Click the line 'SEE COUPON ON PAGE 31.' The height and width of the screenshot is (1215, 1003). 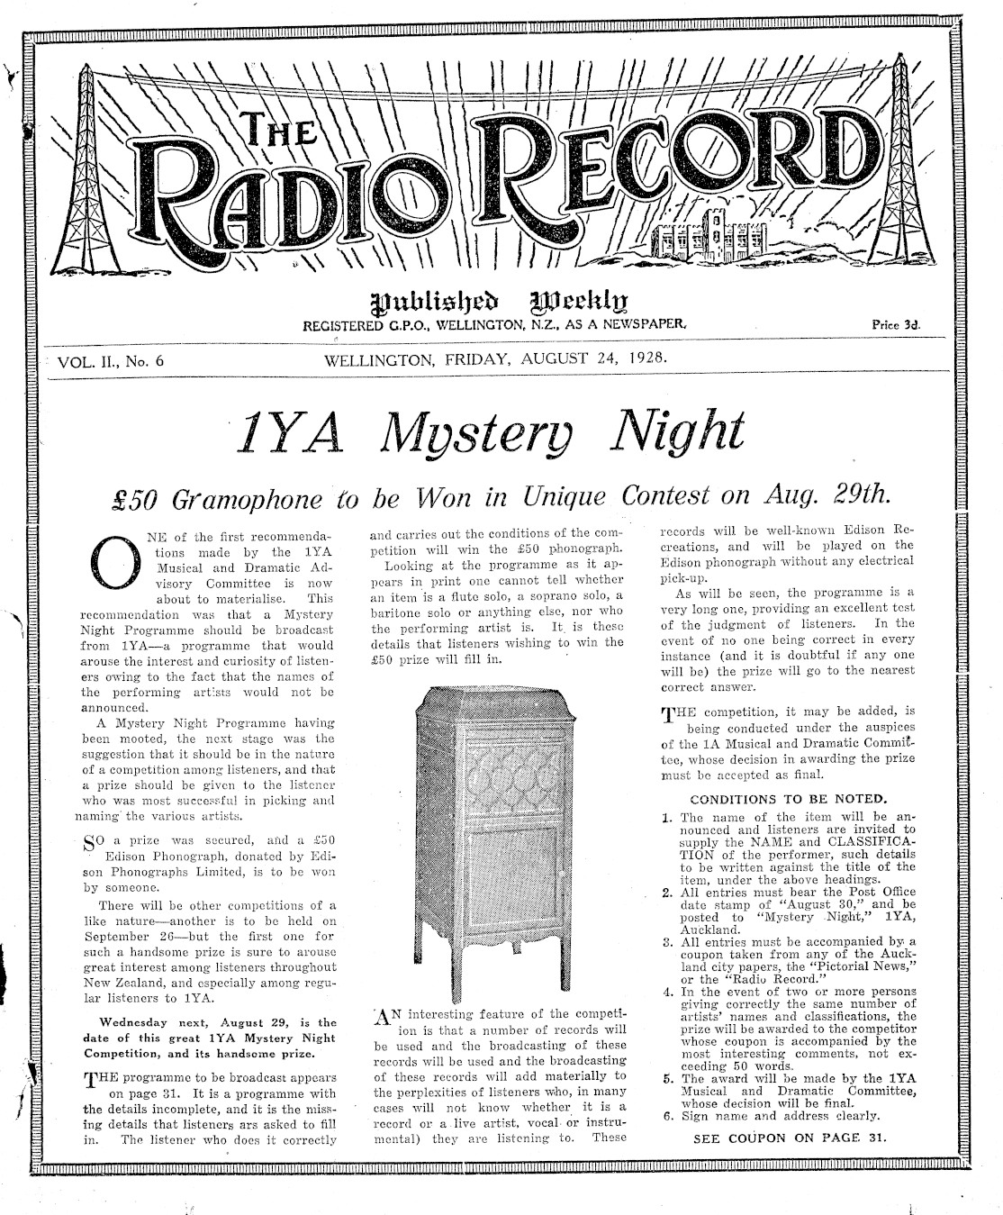(790, 1138)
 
